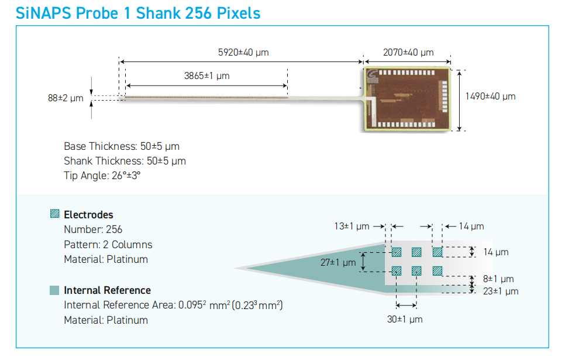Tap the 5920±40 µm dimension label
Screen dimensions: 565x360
(243, 53)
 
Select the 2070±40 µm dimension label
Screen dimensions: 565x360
(408, 53)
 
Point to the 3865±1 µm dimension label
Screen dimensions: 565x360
(207, 76)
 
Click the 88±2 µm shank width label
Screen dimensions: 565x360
(66, 98)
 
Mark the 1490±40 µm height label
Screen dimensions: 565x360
(490, 97)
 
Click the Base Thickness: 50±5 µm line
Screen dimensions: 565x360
(122, 146)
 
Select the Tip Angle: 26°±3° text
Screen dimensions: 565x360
(102, 176)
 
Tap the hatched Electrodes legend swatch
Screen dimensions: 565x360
(55, 214)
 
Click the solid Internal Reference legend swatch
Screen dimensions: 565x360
(54, 290)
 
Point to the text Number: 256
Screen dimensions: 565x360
(93, 229)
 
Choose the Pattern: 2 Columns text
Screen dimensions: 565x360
(108, 245)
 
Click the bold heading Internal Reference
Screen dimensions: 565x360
(108, 290)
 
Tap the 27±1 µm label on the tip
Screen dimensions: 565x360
(338, 263)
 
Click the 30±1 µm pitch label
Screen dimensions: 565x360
(405, 320)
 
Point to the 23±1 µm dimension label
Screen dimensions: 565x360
(501, 292)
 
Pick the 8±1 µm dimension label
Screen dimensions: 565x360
(498, 279)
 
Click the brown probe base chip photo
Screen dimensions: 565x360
(407, 98)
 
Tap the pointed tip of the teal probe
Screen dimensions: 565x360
(236, 268)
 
